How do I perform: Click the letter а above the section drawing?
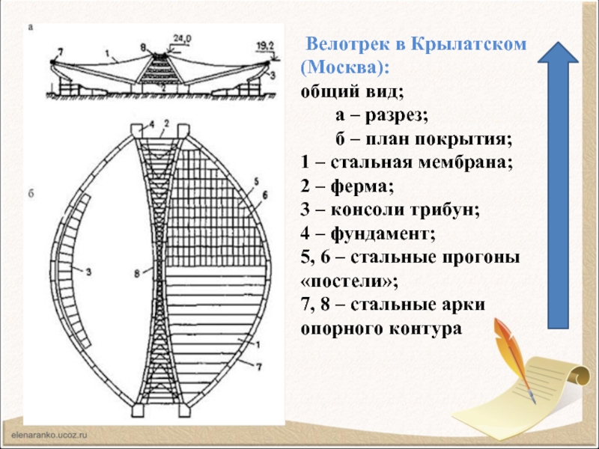pos(31,28)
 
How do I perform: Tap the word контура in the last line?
pos(420,328)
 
